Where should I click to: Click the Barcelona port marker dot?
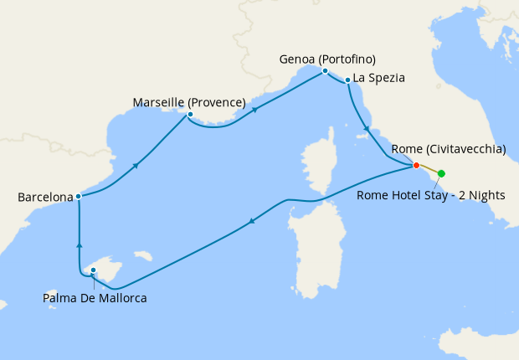pyautogui.click(x=78, y=197)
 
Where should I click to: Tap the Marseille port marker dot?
pyautogui.click(x=190, y=115)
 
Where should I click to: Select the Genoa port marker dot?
pyautogui.click(x=325, y=71)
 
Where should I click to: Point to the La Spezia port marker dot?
pyautogui.click(x=347, y=80)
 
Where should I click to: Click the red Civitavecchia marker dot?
pyautogui.click(x=416, y=165)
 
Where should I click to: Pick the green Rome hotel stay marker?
pyautogui.click(x=441, y=173)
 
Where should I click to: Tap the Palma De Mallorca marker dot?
pyautogui.click(x=94, y=270)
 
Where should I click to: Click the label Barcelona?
pyautogui.click(x=45, y=198)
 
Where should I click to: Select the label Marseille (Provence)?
pyautogui.click(x=189, y=102)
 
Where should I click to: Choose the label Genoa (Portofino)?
pyautogui.click(x=327, y=59)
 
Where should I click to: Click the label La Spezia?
pyautogui.click(x=379, y=78)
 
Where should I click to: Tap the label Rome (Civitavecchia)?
pyautogui.click(x=449, y=149)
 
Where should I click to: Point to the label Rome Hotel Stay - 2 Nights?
pyautogui.click(x=430, y=195)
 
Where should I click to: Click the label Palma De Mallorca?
pyautogui.click(x=95, y=296)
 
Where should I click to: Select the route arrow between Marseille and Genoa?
pyautogui.click(x=253, y=109)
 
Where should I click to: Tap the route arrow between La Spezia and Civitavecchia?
pyautogui.click(x=366, y=128)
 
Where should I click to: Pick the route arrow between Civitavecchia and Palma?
pyautogui.click(x=251, y=222)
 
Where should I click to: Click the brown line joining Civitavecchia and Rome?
pyautogui.click(x=429, y=169)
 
